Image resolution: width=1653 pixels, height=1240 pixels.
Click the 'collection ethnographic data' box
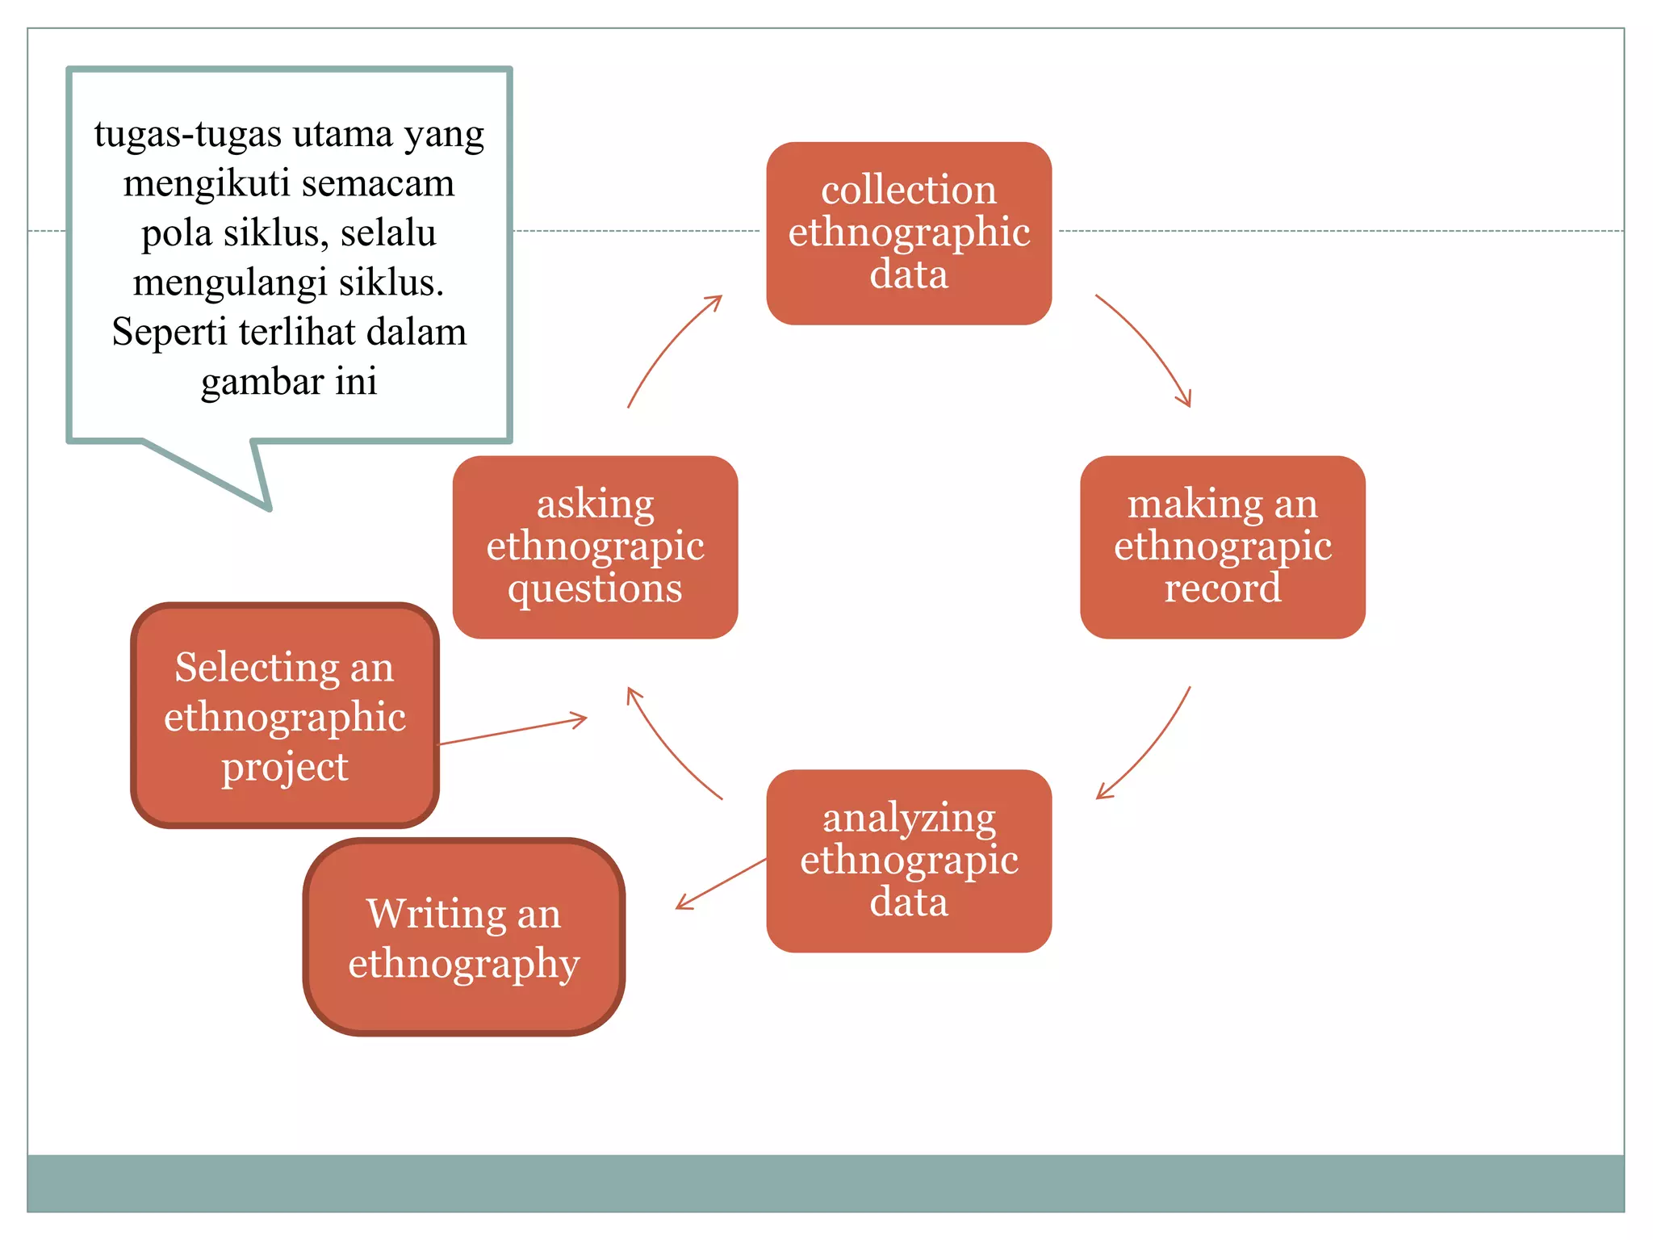pyautogui.click(x=909, y=233)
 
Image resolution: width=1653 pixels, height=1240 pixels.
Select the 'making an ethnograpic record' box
pyautogui.click(x=1223, y=547)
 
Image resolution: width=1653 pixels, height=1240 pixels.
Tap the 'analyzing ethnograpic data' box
pyautogui.click(x=909, y=861)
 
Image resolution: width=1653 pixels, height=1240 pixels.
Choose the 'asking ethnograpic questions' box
pyautogui.click(x=596, y=547)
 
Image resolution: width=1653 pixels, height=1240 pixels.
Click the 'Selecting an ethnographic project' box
pyautogui.click(x=285, y=715)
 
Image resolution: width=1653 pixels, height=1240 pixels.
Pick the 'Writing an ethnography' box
pyautogui.click(x=464, y=937)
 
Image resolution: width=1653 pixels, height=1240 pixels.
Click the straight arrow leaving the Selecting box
pyautogui.click(x=513, y=730)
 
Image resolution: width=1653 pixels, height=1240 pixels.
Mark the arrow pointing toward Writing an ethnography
pyautogui.click(x=721, y=884)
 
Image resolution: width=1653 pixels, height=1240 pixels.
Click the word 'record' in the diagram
pyautogui.click(x=1223, y=588)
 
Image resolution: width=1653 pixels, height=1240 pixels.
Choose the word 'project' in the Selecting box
pyautogui.click(x=285, y=767)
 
